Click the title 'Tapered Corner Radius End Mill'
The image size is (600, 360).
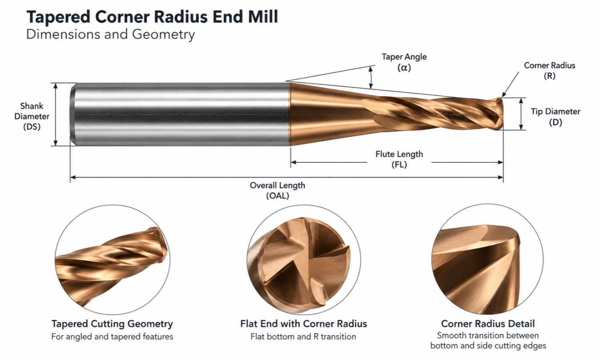(x=152, y=17)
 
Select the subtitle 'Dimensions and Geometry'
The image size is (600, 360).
(x=110, y=34)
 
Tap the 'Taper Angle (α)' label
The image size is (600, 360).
(x=404, y=62)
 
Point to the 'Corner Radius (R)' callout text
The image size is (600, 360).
(x=549, y=71)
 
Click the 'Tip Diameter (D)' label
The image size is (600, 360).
(x=556, y=117)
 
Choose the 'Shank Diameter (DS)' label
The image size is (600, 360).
(x=32, y=116)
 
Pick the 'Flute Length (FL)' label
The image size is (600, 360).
(x=399, y=159)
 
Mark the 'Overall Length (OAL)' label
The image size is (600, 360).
(x=278, y=190)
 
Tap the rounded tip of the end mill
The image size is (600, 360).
(x=499, y=114)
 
